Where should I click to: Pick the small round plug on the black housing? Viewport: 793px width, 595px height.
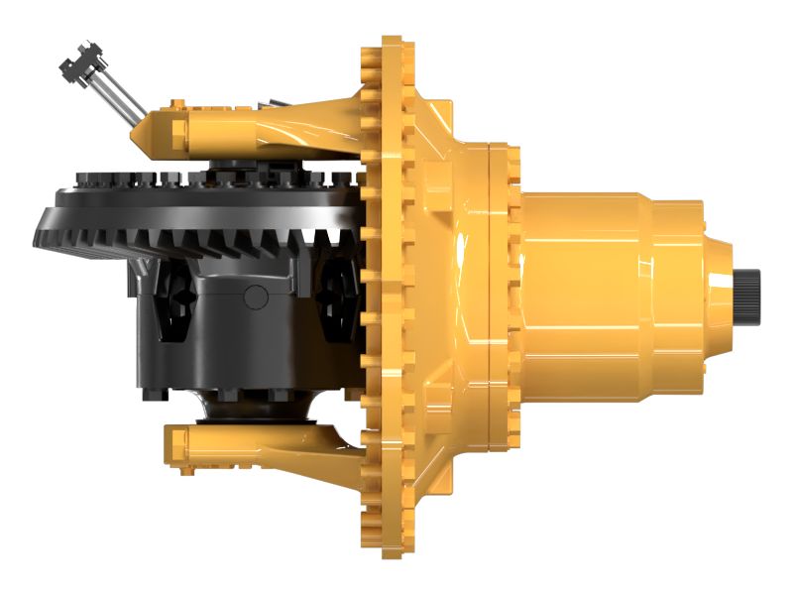[x=256, y=295]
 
